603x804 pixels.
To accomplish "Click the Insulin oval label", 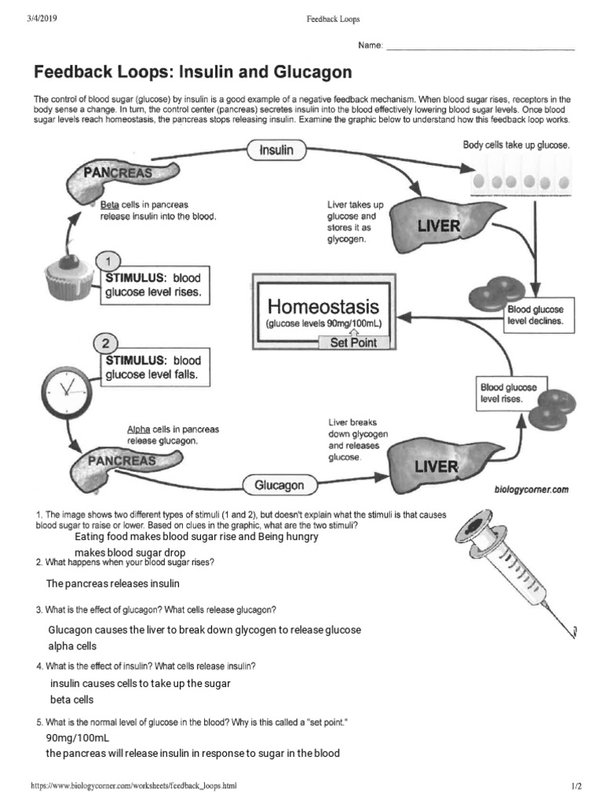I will click(271, 151).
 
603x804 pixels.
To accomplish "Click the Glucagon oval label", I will click(279, 485).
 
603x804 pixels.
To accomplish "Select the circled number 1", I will click(108, 261).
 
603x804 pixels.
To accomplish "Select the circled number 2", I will click(105, 343).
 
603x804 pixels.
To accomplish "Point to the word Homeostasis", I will click(323, 305).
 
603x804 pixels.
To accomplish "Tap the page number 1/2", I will click(576, 785).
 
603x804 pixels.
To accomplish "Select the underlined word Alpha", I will click(138, 429).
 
